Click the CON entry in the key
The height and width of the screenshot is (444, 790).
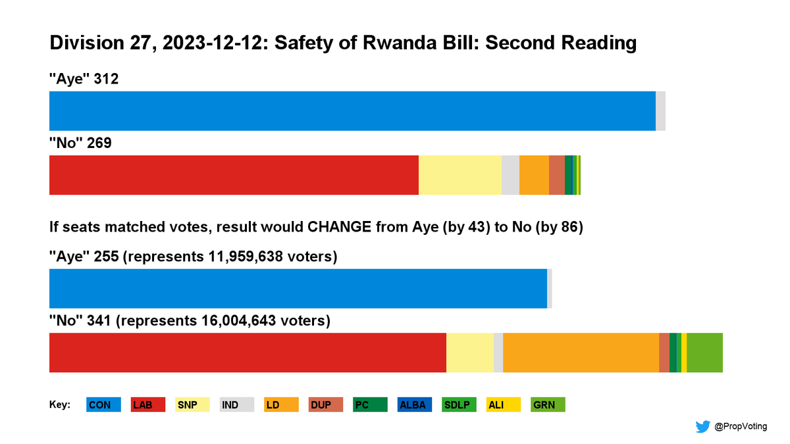(x=103, y=405)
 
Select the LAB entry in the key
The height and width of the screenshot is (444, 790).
(x=148, y=405)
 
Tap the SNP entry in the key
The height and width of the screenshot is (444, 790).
(x=192, y=405)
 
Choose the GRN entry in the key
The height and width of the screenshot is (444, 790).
(x=548, y=405)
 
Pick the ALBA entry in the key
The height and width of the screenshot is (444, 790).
(x=415, y=405)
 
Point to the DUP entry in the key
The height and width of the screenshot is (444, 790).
(x=326, y=405)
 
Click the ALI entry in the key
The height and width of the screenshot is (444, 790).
(x=504, y=405)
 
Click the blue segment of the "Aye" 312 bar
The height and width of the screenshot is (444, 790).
(x=352, y=111)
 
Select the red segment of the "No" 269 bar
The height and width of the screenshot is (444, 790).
(x=234, y=175)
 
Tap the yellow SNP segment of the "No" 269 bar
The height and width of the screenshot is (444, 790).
(x=460, y=175)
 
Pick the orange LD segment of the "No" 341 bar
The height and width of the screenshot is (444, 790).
(x=581, y=353)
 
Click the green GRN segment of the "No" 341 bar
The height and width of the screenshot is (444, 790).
(x=704, y=353)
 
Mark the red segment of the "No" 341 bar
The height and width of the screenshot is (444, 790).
(x=248, y=353)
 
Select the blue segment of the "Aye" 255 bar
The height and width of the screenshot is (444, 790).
(x=298, y=289)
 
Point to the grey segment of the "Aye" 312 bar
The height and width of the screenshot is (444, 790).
(x=660, y=111)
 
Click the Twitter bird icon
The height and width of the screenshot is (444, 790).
(x=702, y=427)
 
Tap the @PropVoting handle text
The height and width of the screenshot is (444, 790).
(x=741, y=427)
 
